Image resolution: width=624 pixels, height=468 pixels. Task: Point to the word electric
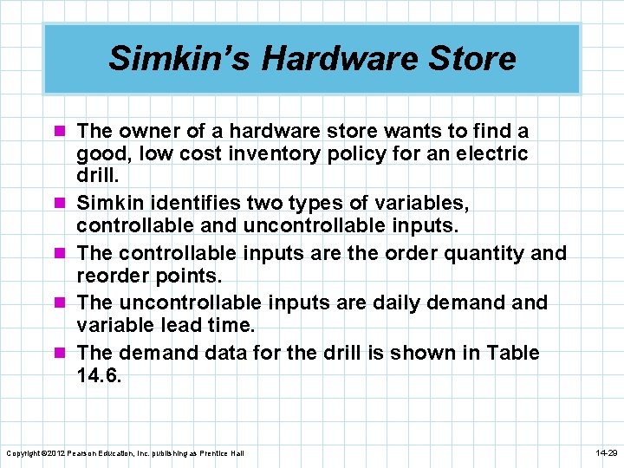tap(488, 154)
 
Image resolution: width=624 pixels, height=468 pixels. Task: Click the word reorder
tap(114, 276)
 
